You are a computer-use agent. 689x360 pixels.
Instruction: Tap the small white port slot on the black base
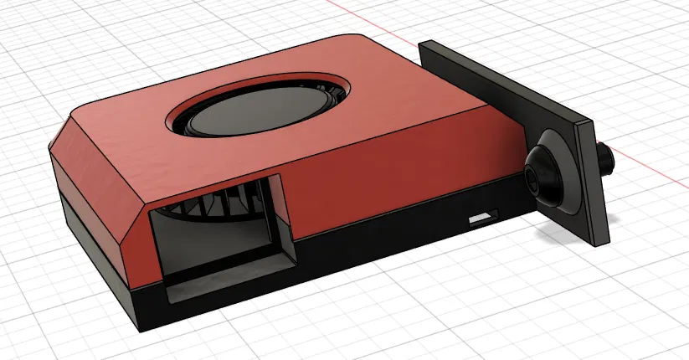tap(481, 220)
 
